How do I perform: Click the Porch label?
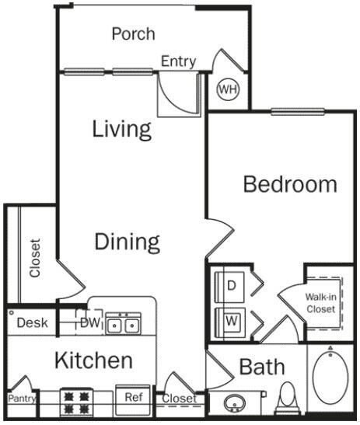click(x=133, y=33)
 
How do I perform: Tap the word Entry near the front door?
click(x=178, y=61)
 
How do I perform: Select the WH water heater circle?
click(x=227, y=89)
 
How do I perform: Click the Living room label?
click(x=121, y=128)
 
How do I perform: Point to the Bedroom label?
click(x=290, y=184)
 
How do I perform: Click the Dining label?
click(x=128, y=242)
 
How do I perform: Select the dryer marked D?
click(x=231, y=284)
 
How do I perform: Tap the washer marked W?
click(x=231, y=319)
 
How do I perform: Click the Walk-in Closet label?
click(x=320, y=303)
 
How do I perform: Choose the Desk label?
click(x=32, y=322)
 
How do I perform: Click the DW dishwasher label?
click(x=90, y=322)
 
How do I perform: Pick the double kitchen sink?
click(x=123, y=322)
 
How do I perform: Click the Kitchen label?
click(x=93, y=361)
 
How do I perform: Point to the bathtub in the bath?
click(x=331, y=378)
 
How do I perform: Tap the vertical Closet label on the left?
click(x=35, y=256)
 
